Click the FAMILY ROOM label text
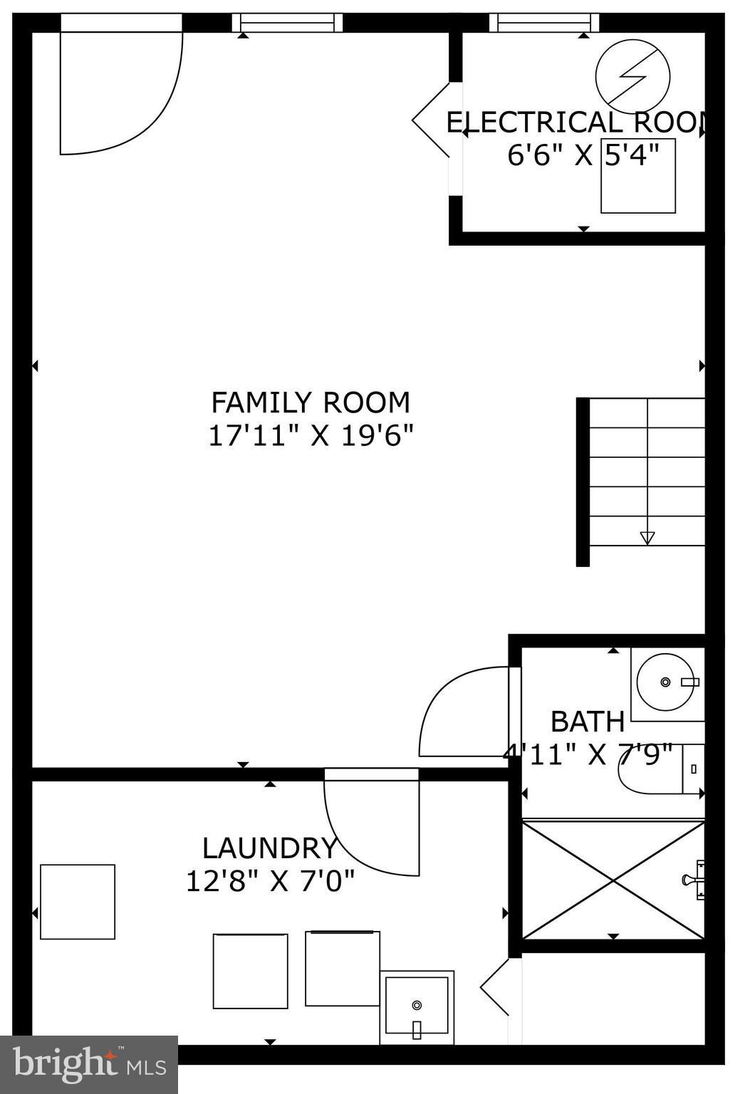tap(311, 402)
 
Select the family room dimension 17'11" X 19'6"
tap(311, 435)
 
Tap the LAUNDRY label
tap(269, 848)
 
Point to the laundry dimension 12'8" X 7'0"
tap(270, 882)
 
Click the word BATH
tap(588, 721)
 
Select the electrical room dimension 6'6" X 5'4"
tap(582, 155)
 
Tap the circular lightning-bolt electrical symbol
tap(633, 75)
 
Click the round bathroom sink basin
tap(665, 682)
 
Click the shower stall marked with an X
tap(613, 880)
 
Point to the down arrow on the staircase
tap(647, 538)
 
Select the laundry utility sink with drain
tap(417, 1006)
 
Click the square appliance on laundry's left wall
tap(78, 902)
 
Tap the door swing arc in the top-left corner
tap(121, 93)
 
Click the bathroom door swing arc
tap(463, 712)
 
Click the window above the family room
tap(288, 23)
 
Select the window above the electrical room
tap(544, 23)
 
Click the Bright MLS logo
tap(89, 1064)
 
